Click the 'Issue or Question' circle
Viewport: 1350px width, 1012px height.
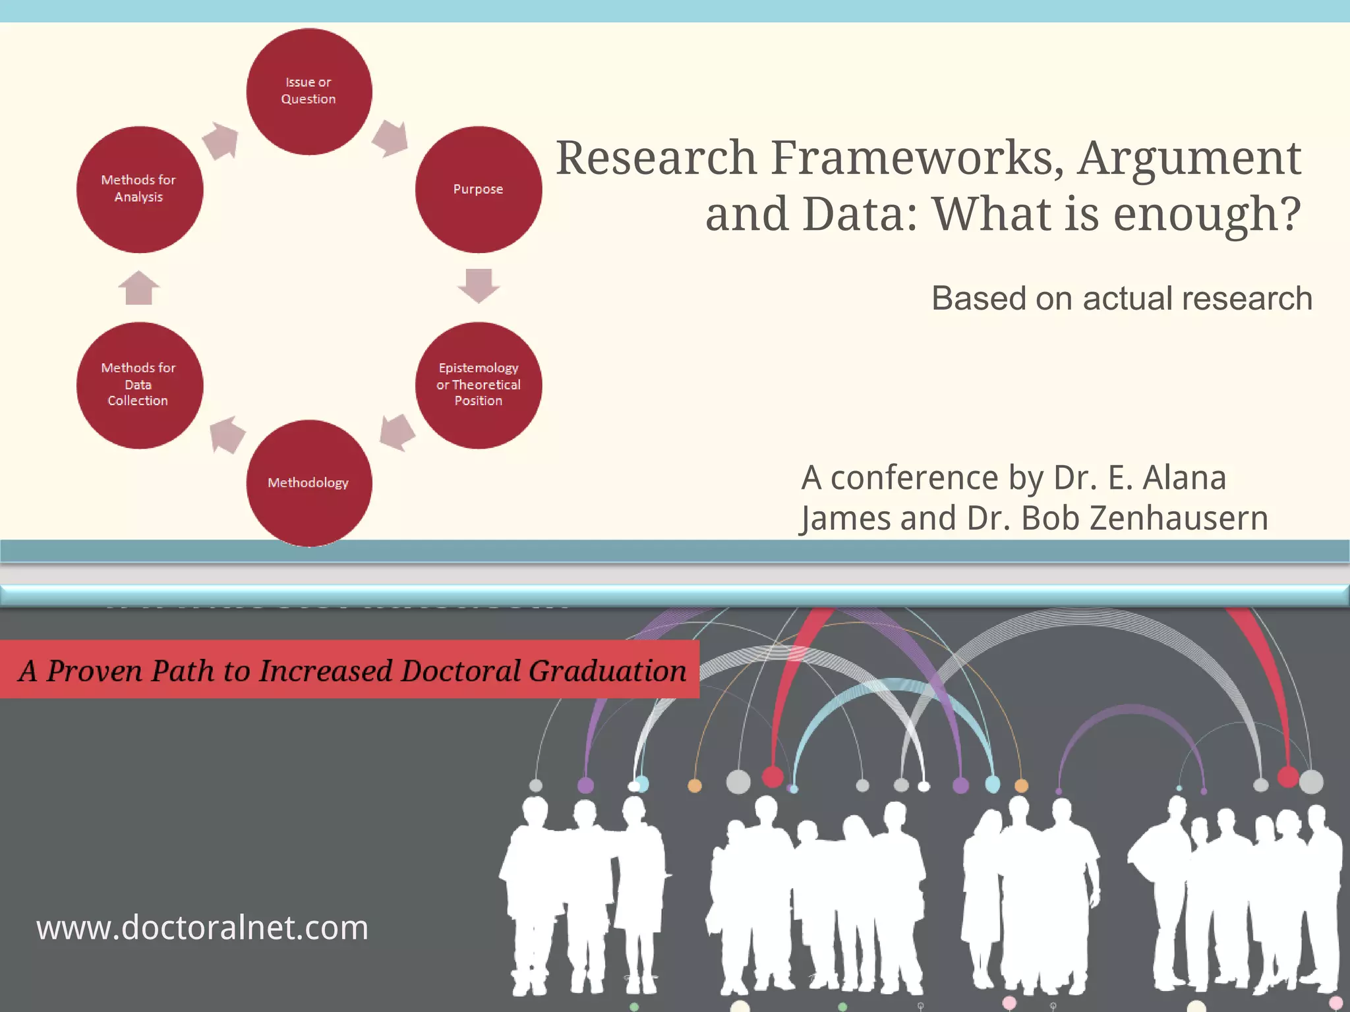click(x=308, y=92)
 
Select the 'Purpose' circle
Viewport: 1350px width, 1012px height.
click(x=479, y=190)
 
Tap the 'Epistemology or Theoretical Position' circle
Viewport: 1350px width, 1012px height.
click(x=479, y=385)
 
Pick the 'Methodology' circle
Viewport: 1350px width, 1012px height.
click(x=308, y=483)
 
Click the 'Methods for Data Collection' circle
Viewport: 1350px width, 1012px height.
click(x=139, y=385)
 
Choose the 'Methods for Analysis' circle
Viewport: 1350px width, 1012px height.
click(x=139, y=190)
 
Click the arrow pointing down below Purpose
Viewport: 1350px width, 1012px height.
click(x=479, y=285)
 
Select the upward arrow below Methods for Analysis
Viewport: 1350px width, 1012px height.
click(x=139, y=288)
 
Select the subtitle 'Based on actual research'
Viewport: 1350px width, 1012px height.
click(x=1121, y=298)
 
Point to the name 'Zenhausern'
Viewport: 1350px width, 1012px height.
click(x=1179, y=518)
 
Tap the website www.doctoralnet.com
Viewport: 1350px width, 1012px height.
click(x=202, y=928)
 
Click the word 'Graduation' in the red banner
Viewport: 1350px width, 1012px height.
click(x=607, y=671)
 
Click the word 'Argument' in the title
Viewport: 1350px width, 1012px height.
click(x=1189, y=158)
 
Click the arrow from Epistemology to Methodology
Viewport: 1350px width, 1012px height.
click(x=397, y=432)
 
